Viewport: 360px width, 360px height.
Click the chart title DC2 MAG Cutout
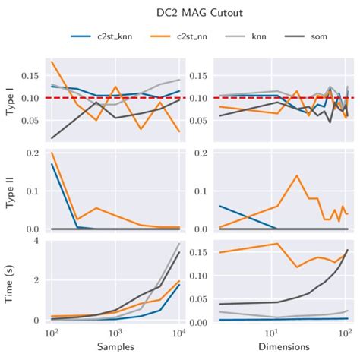pos(179,13)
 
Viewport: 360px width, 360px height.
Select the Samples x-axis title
pos(115,347)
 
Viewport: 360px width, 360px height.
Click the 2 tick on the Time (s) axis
pos(36,280)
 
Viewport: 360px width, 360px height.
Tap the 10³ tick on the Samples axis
pos(115,333)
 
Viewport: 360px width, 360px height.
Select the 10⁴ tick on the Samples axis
pos(178,333)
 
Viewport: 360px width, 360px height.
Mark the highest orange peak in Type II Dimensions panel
pos(296,175)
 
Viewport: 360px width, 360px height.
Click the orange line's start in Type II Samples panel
pos(52,153)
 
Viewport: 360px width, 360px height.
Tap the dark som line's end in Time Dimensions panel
pos(347,250)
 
